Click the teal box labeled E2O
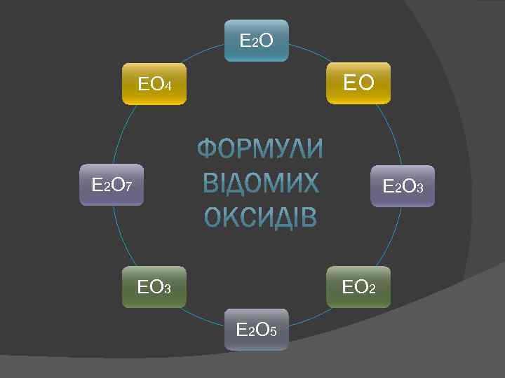(256, 40)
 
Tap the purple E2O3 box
(403, 186)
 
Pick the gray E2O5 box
(256, 329)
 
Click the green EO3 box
(154, 287)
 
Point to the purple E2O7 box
(112, 185)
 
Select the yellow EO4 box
(154, 85)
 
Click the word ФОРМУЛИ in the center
(260, 150)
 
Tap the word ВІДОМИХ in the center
(260, 184)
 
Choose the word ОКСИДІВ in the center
(260, 218)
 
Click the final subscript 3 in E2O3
(419, 188)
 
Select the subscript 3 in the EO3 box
(167, 288)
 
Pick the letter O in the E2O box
(267, 41)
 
